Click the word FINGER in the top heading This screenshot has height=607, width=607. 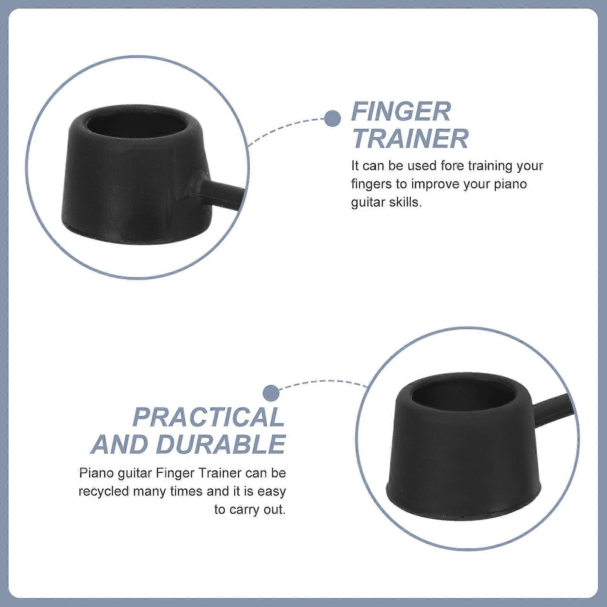[401, 111]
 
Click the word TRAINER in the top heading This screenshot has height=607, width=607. [410, 138]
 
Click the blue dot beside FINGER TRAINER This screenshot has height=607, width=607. [332, 119]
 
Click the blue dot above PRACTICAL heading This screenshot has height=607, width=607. [271, 393]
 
